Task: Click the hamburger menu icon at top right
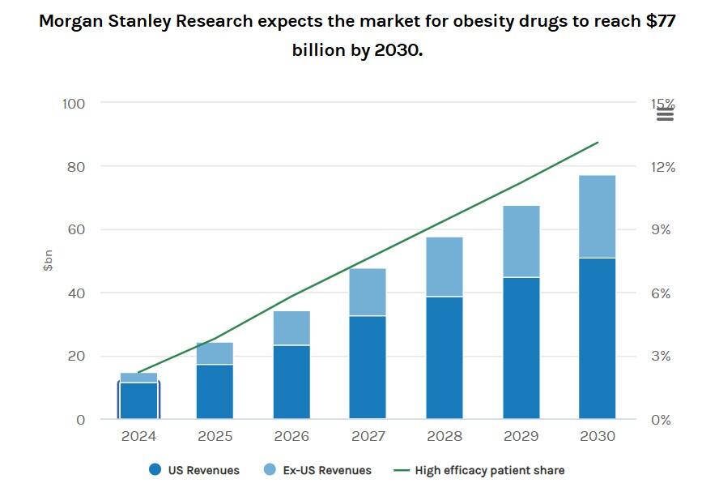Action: click(665, 114)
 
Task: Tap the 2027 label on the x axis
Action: click(368, 437)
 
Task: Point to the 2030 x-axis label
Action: click(598, 437)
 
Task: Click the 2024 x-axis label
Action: click(138, 437)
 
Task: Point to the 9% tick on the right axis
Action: click(662, 230)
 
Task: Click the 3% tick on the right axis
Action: click(662, 357)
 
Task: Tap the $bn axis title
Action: click(48, 260)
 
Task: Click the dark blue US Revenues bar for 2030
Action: click(598, 339)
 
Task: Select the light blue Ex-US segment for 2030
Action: click(598, 216)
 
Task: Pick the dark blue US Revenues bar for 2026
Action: click(291, 383)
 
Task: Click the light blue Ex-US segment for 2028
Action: click(445, 267)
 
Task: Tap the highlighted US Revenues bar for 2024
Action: click(138, 400)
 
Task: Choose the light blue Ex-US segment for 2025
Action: click(215, 353)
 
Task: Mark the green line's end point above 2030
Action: click(598, 143)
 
